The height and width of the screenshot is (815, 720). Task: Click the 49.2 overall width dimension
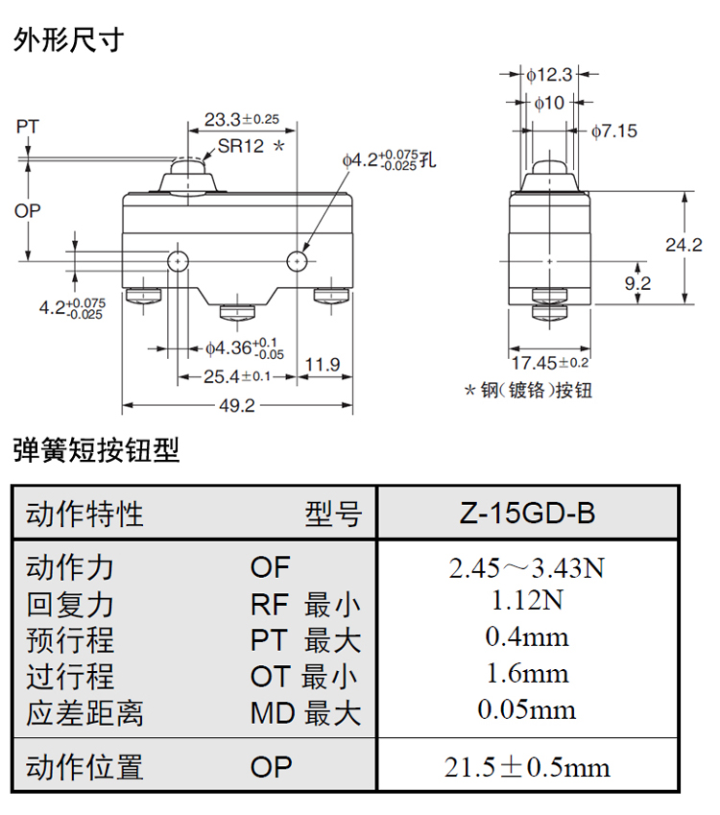click(x=237, y=406)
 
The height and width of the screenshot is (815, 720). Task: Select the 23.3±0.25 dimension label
click(x=241, y=120)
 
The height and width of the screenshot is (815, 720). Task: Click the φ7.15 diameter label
click(x=614, y=131)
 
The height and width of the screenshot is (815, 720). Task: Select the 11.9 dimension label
click(x=322, y=364)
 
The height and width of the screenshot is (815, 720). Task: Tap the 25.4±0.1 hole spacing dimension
click(x=234, y=375)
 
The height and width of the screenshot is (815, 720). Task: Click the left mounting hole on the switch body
click(x=177, y=260)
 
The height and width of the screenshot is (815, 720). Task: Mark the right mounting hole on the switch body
click(x=300, y=260)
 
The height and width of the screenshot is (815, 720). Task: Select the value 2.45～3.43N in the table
click(x=526, y=568)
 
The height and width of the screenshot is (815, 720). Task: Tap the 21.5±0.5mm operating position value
click(x=527, y=767)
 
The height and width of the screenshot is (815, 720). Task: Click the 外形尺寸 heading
click(x=68, y=40)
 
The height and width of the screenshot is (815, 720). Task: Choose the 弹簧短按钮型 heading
click(x=96, y=450)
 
